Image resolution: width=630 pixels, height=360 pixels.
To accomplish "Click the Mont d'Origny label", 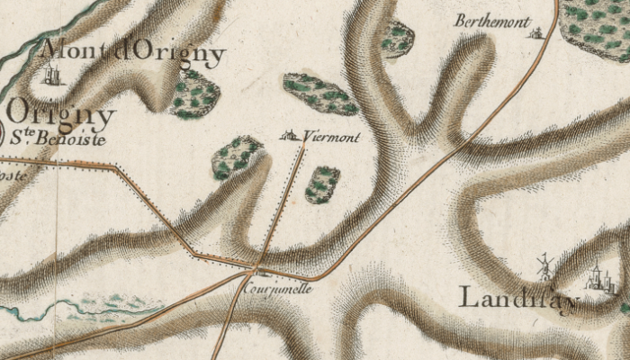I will pyautogui.click(x=133, y=53).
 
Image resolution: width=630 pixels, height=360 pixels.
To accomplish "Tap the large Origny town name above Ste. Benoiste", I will pyautogui.click(x=61, y=116).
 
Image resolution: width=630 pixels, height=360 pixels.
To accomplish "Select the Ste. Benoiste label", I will pyautogui.click(x=58, y=139).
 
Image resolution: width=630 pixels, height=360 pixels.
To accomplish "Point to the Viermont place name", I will pyautogui.click(x=332, y=138).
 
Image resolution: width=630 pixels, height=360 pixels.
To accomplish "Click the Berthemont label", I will pyautogui.click(x=490, y=20).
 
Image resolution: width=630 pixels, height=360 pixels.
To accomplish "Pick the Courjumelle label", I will pyautogui.click(x=277, y=290).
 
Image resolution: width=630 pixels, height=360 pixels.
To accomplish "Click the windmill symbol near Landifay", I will pyautogui.click(x=544, y=265).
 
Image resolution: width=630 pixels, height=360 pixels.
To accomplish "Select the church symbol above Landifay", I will pyautogui.click(x=595, y=276).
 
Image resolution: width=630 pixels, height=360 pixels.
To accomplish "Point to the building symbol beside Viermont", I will pyautogui.click(x=290, y=136).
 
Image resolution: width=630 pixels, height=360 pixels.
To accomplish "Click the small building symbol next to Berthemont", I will pyautogui.click(x=538, y=33).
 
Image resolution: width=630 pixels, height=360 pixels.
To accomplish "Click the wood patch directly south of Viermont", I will pyautogui.click(x=322, y=184).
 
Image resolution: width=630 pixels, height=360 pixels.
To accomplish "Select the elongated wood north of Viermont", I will pyautogui.click(x=320, y=94).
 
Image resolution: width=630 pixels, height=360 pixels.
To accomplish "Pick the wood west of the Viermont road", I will pyautogui.click(x=236, y=157).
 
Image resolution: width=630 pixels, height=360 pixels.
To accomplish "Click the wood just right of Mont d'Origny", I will pyautogui.click(x=193, y=94).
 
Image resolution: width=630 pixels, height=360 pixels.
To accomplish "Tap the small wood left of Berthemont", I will pyautogui.click(x=396, y=39).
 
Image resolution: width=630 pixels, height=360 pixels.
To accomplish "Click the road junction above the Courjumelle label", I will pyautogui.click(x=258, y=267).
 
